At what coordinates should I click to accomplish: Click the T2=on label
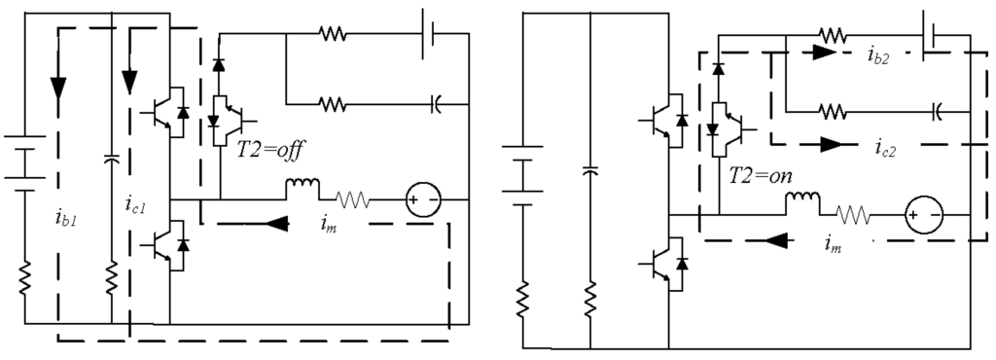pos(766,179)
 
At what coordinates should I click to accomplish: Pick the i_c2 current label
pos(885,154)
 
